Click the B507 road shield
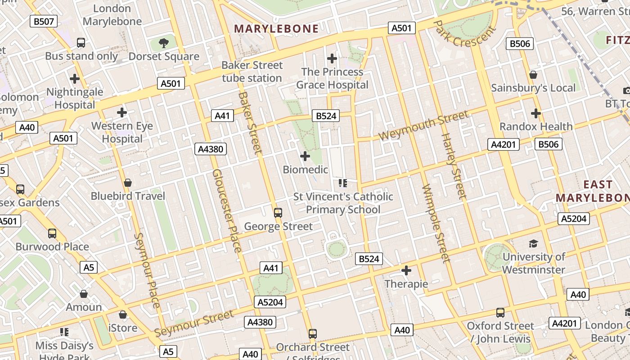click(44, 21)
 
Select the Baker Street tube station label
click(252, 72)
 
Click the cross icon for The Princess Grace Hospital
click(332, 58)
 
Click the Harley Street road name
click(453, 166)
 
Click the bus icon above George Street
click(278, 213)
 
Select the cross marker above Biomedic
click(305, 156)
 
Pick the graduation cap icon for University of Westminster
click(533, 244)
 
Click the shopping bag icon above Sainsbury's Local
click(533, 75)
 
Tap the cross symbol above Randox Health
click(536, 113)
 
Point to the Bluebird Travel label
click(128, 196)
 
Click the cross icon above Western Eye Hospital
click(121, 112)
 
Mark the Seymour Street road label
click(194, 324)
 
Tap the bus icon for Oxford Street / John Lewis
click(500, 313)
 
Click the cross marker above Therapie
click(406, 270)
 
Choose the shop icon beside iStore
click(122, 315)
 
